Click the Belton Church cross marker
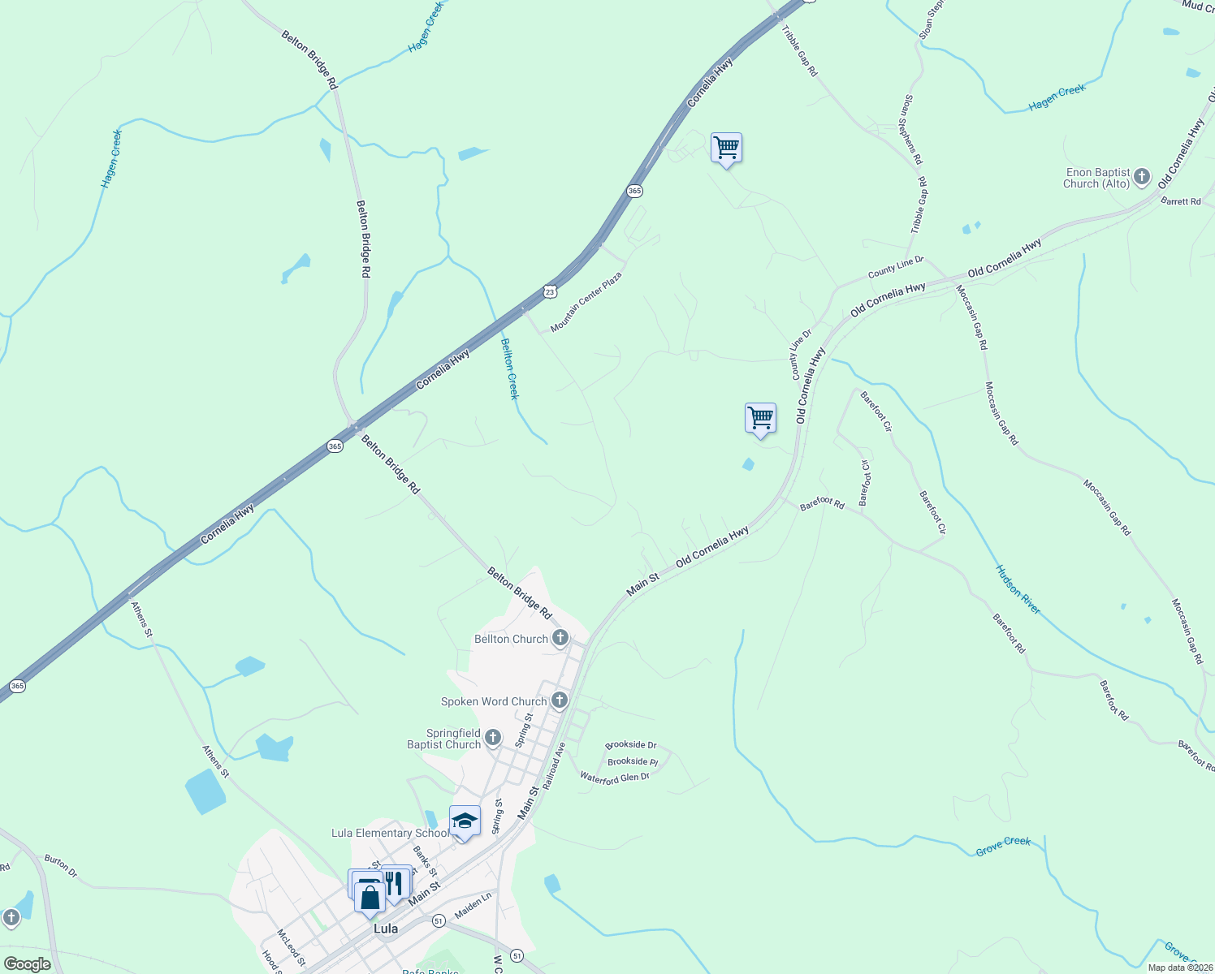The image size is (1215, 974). pos(560,638)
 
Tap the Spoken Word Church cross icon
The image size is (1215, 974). pos(560,700)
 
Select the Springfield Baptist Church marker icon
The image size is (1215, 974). pos(493,738)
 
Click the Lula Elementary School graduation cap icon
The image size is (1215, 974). pos(465,821)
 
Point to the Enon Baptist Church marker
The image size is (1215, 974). pos(1142,177)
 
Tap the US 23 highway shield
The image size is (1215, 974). pos(550,291)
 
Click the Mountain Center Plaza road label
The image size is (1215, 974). pos(586,302)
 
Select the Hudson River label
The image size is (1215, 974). pos(1018,589)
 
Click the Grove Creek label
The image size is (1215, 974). pos(1003,846)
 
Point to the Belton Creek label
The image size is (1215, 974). pos(509,368)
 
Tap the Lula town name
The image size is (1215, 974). pos(385,929)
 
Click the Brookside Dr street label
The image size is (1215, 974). pos(631,744)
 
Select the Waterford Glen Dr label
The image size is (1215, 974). pos(615,777)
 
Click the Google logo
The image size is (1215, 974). pos(28,964)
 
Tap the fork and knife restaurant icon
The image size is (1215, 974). pos(395,882)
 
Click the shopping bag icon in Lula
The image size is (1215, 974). pos(370,898)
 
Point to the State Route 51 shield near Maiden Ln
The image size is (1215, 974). pos(439,920)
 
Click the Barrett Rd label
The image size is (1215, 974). pos(1180,200)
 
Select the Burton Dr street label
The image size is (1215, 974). pos(61,866)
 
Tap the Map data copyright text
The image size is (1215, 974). pos(1178,968)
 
